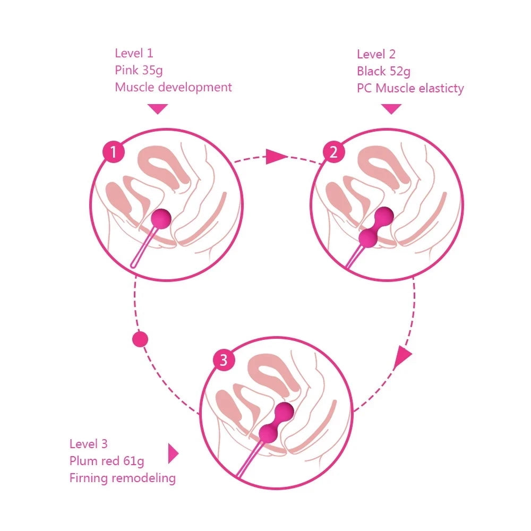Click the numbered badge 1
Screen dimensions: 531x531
click(x=113, y=152)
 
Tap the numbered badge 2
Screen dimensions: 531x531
click(x=333, y=152)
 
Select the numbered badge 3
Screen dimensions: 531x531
click(x=224, y=360)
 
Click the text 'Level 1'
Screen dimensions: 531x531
click(x=134, y=53)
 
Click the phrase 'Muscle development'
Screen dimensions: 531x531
click(x=173, y=87)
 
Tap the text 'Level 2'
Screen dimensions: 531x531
click(x=376, y=54)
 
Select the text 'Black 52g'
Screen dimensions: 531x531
click(x=383, y=71)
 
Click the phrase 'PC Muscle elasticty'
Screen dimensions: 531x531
click(x=410, y=88)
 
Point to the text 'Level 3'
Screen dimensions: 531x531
click(x=89, y=444)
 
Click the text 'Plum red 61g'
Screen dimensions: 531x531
click(x=107, y=461)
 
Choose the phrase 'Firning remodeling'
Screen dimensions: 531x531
click(x=122, y=478)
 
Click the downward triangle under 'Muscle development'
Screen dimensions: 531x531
click(x=158, y=109)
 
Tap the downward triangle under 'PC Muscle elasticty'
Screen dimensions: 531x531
click(x=391, y=109)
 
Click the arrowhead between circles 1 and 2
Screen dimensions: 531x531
click(x=276, y=157)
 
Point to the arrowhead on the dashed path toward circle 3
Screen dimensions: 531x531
click(x=404, y=358)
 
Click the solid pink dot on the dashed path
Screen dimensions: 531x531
click(x=140, y=339)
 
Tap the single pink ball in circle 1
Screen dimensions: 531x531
click(x=161, y=218)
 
